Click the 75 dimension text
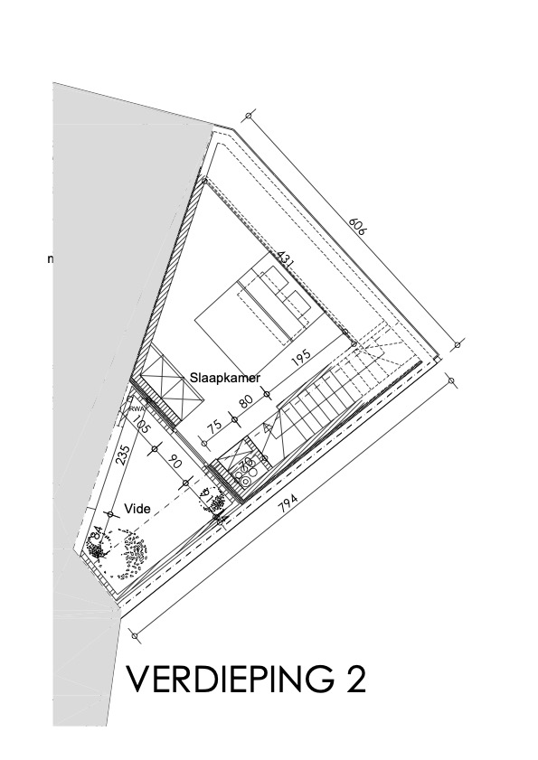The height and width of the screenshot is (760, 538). (214, 428)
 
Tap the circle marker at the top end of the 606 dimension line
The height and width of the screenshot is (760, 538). (246, 116)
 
